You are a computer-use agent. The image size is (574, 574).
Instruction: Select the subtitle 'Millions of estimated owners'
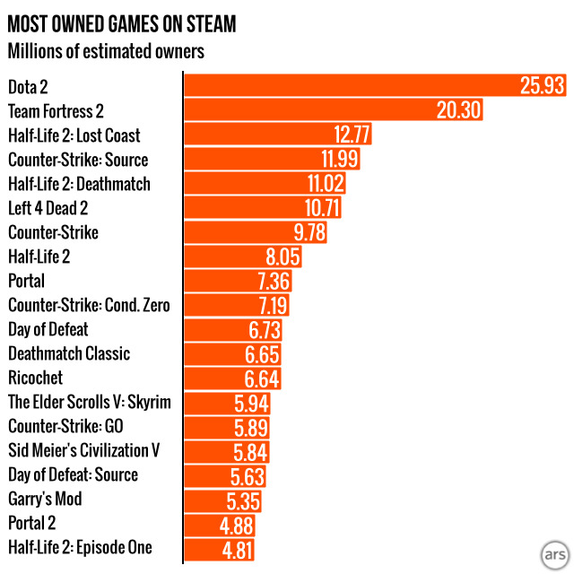(106, 50)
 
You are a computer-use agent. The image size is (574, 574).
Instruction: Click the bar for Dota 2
(359, 87)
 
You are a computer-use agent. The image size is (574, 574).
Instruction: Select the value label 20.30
(458, 111)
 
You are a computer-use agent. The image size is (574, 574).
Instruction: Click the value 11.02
(322, 184)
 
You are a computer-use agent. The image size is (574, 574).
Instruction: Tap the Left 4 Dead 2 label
(60, 208)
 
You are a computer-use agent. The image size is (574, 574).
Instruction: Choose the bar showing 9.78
(256, 232)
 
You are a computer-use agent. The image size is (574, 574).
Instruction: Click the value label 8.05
(279, 257)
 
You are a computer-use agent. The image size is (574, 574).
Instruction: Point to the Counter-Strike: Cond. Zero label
(88, 305)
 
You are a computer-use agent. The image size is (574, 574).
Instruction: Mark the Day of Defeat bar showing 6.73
(233, 329)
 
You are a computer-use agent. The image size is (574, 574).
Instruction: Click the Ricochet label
(35, 378)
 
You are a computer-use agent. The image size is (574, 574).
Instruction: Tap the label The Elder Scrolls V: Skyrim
(88, 402)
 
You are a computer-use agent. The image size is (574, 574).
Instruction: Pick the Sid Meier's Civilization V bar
(226, 450)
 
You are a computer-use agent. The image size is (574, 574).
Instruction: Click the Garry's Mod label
(44, 499)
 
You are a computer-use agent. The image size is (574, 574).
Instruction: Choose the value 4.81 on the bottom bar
(239, 548)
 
